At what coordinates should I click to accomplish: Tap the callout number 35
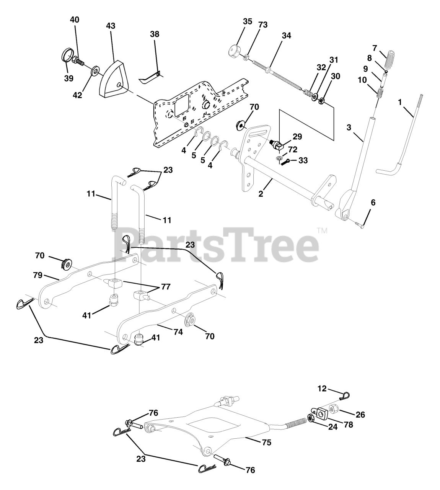pos(247,21)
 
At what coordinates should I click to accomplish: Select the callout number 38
pos(155,34)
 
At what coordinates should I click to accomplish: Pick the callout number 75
pos(267,442)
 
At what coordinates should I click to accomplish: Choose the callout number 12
pos(322,389)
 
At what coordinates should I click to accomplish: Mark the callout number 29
pos(297,136)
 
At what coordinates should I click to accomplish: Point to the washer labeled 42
pos(94,71)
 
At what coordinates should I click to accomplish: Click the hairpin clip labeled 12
pos(345,395)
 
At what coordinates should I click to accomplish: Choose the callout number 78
pos(347,424)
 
